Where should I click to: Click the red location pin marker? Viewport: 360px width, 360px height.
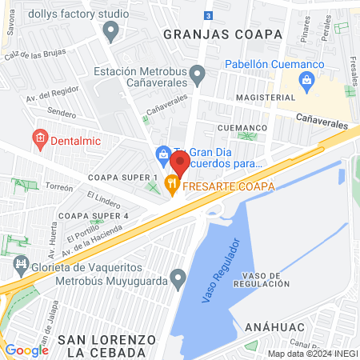point(179,164)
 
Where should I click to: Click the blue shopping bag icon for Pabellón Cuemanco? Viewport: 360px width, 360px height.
point(306,80)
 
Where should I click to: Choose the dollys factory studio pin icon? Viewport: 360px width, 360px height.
point(111,30)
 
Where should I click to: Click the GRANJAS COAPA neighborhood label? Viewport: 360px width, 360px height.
point(222,34)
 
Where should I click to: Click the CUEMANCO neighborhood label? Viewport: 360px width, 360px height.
point(240,126)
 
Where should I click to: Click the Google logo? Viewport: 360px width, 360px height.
point(26,350)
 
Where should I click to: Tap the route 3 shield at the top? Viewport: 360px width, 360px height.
point(208,15)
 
